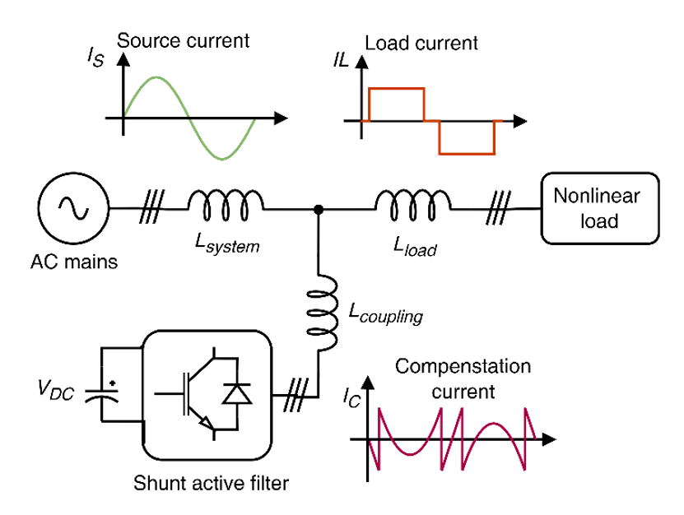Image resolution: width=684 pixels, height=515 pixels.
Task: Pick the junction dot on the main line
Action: point(319,210)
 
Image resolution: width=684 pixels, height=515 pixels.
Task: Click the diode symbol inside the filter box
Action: point(237,394)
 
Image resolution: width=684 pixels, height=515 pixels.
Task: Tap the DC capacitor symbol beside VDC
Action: point(101,395)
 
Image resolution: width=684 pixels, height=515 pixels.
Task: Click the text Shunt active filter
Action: point(212,483)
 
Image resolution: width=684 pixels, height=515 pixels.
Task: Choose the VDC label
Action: point(56,389)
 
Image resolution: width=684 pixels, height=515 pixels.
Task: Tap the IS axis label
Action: point(95,57)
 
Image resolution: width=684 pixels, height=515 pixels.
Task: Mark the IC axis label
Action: point(351,397)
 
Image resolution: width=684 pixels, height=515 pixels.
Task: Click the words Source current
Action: point(184,41)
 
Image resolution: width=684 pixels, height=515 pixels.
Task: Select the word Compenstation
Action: point(463,367)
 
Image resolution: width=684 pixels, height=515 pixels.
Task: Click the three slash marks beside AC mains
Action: point(151,206)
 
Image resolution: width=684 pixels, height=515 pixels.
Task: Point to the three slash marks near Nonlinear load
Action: point(498,208)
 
